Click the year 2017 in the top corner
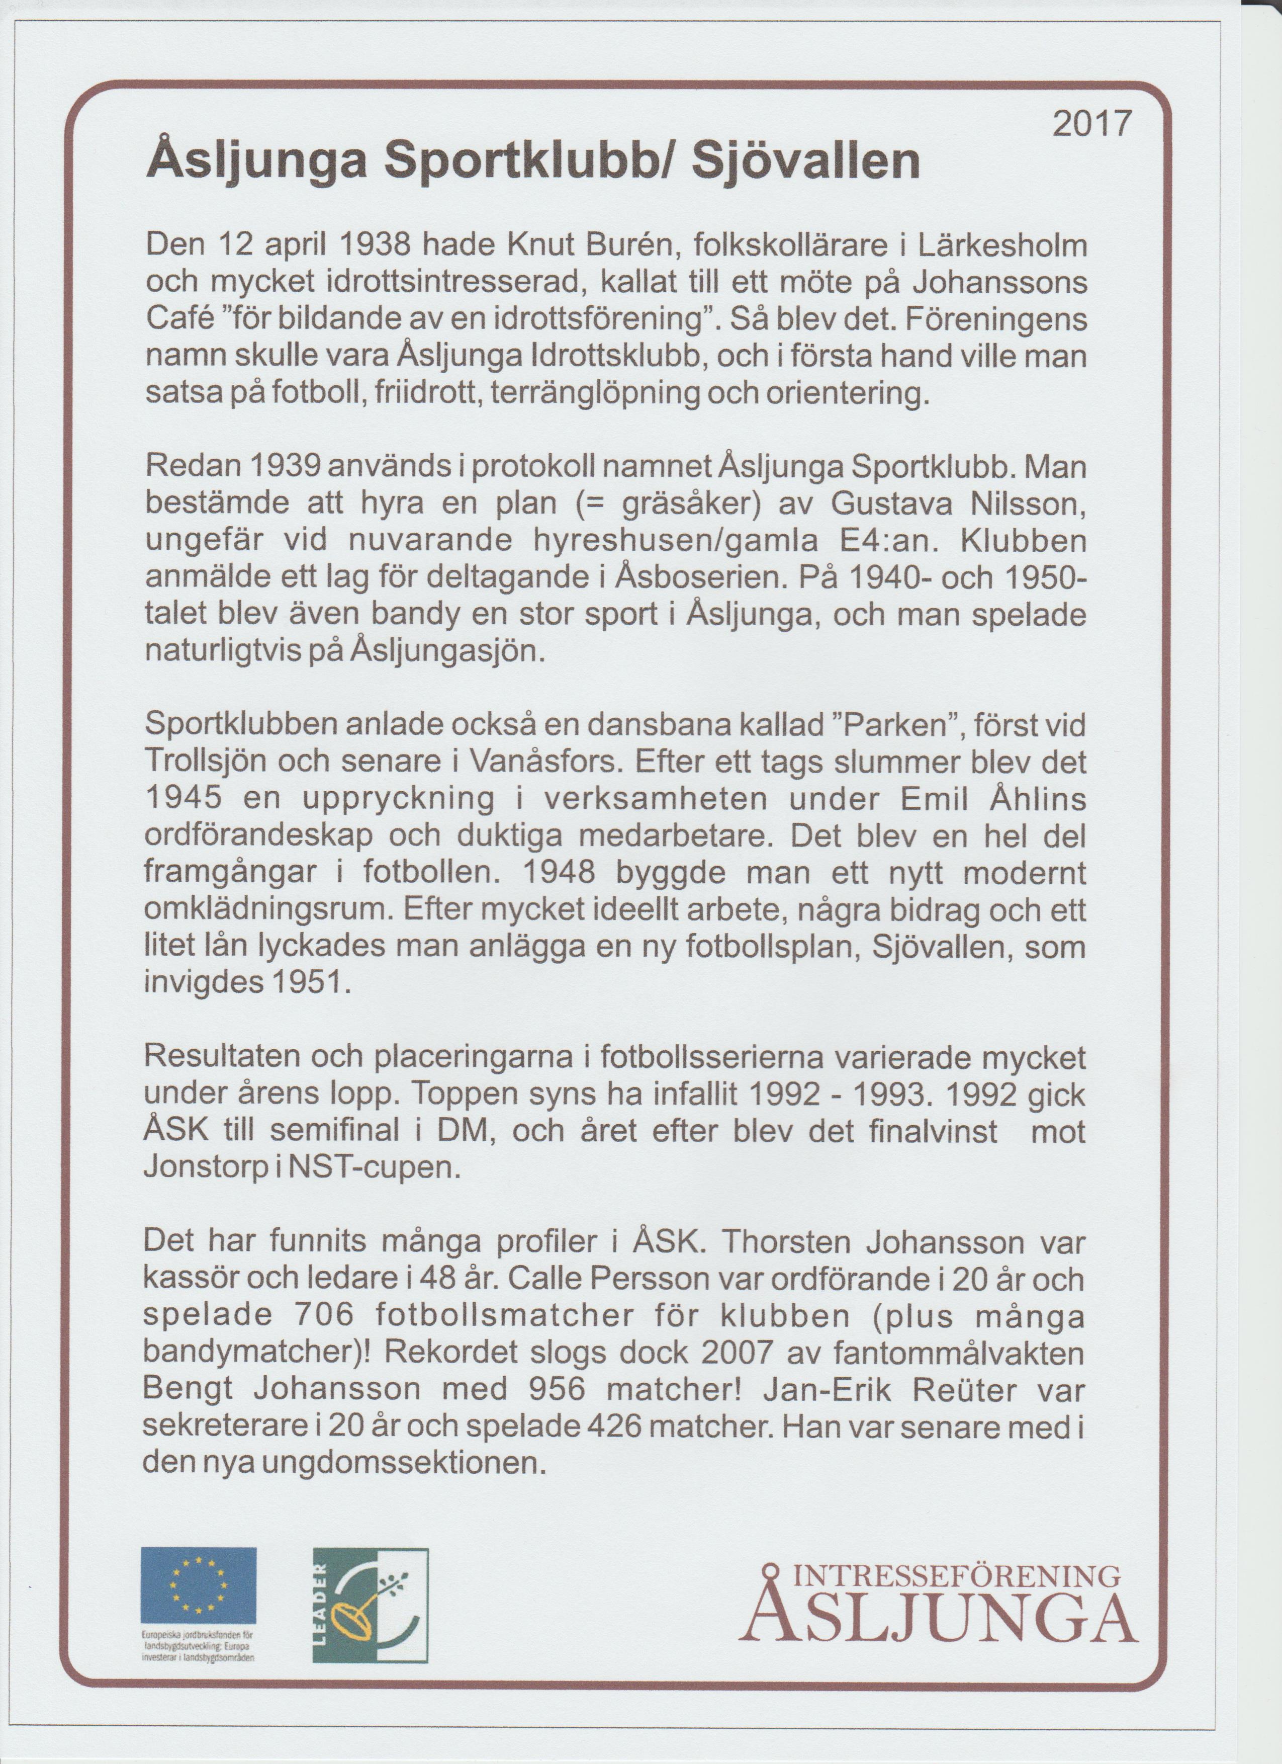pos(1090,124)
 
